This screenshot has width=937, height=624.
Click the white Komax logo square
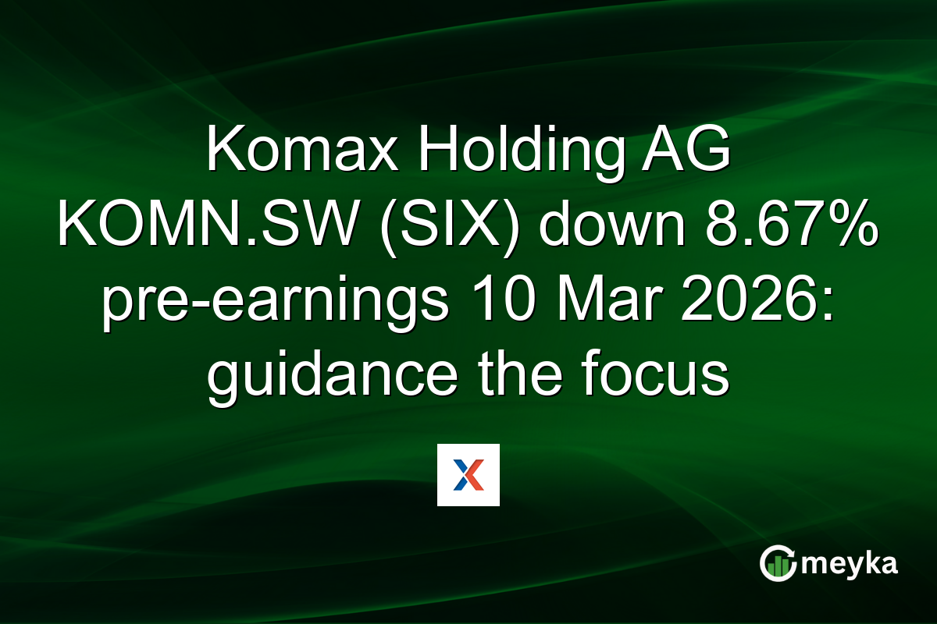pos(468,475)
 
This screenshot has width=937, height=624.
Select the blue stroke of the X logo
pos(461,475)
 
